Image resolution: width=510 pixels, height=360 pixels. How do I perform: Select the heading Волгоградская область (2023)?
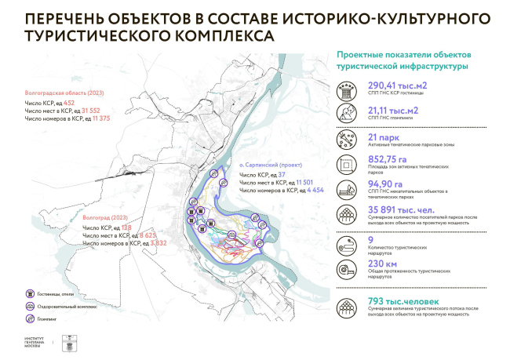pos(60,91)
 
